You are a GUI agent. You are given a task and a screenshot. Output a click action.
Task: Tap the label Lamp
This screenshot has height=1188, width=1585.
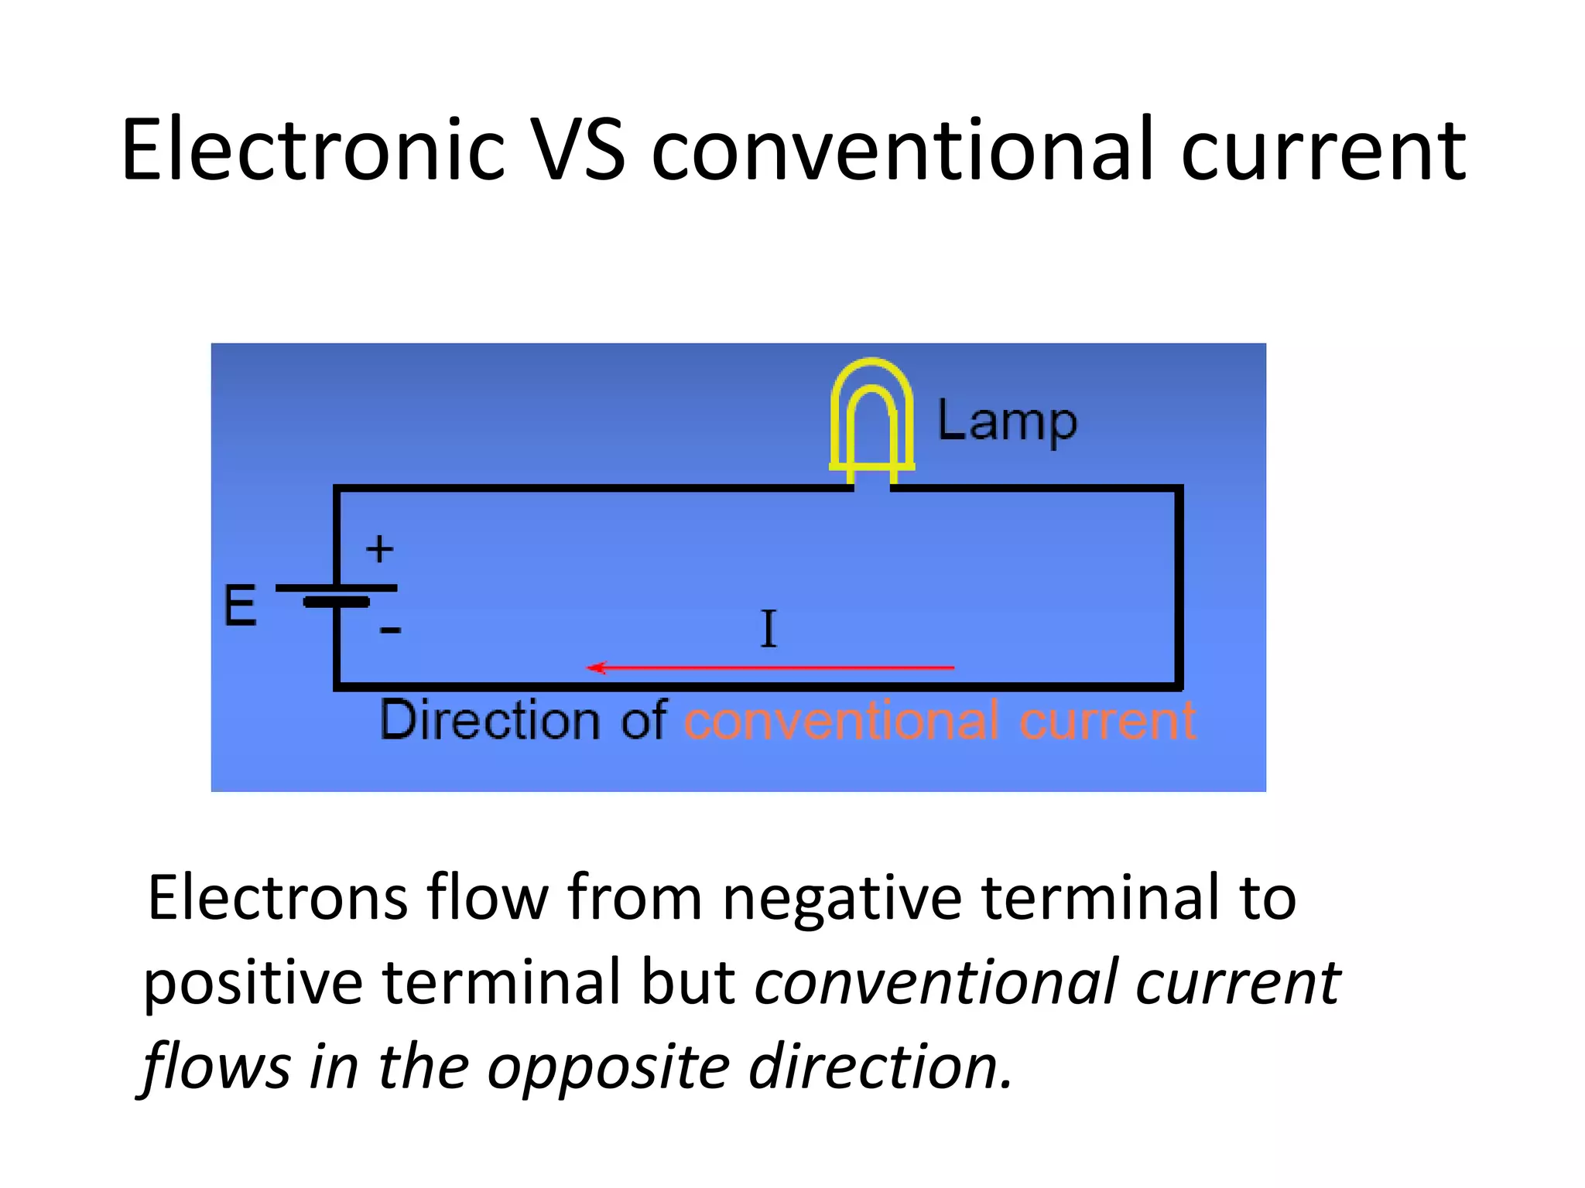tap(1007, 422)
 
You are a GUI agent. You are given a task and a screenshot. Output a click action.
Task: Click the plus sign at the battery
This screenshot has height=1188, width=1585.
tap(379, 549)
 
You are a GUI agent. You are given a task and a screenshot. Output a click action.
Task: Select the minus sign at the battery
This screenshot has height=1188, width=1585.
tap(390, 630)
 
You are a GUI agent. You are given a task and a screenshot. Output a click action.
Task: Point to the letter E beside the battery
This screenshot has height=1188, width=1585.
tap(240, 606)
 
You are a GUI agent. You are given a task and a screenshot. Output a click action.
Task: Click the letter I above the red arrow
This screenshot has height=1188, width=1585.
tap(768, 629)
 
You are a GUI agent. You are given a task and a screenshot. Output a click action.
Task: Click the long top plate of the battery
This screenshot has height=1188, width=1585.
tap(337, 588)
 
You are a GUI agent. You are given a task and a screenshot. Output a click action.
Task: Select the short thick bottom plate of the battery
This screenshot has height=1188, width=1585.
tap(337, 602)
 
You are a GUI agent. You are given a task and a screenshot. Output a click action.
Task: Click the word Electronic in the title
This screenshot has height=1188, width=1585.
tap(313, 150)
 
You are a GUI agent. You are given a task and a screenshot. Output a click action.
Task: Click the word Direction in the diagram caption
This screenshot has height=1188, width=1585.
tap(490, 721)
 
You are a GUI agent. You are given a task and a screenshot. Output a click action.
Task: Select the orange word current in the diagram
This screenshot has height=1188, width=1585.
tap(1107, 721)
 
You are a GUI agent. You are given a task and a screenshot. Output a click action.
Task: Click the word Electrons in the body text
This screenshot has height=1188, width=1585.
tap(277, 899)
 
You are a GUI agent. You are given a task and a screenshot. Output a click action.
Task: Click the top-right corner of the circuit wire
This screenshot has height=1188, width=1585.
tap(1179, 489)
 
